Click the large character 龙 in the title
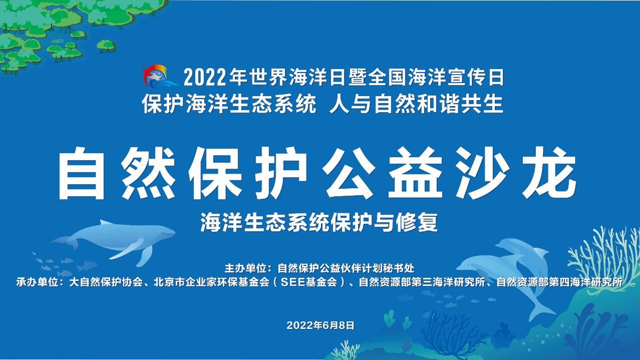click(546, 172)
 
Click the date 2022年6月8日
click(320, 325)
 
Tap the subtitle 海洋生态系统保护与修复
click(319, 222)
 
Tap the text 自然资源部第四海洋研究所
click(559, 282)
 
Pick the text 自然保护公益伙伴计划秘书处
click(346, 268)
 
